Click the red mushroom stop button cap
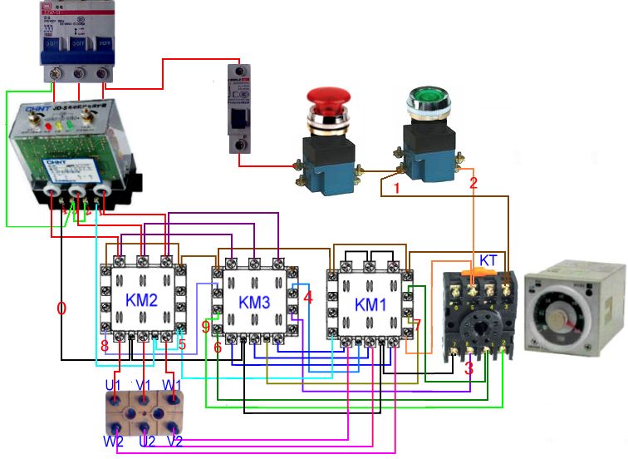[329, 102]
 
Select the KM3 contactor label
[254, 302]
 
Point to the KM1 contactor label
[370, 304]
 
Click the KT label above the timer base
[488, 260]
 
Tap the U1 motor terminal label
[113, 385]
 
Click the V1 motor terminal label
[145, 385]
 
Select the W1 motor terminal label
[174, 385]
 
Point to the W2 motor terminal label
[113, 441]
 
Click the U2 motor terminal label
[147, 441]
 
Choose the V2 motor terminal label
[174, 441]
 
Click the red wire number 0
[61, 309]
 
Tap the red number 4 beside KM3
[308, 296]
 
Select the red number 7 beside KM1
[418, 324]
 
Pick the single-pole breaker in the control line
[241, 108]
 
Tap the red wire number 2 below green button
[473, 182]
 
